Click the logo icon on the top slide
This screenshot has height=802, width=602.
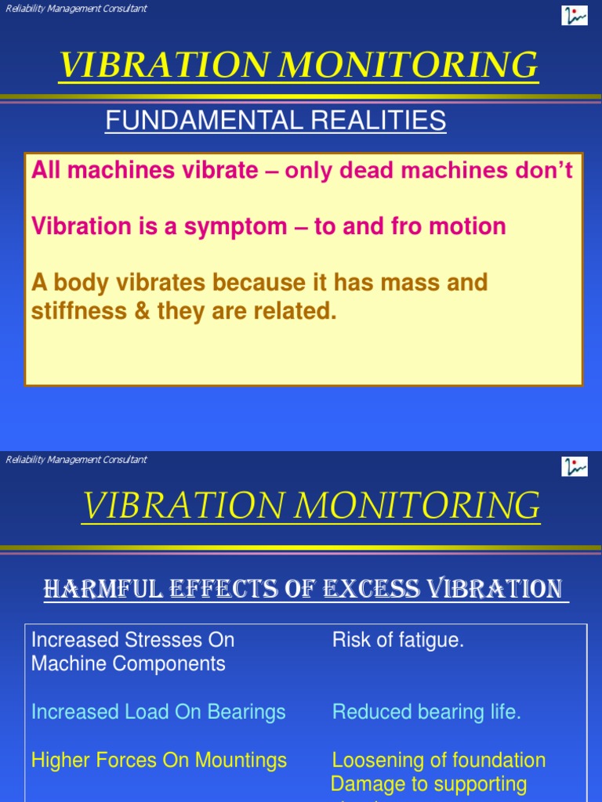pyautogui.click(x=575, y=15)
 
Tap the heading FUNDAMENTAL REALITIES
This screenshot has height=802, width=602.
pyautogui.click(x=276, y=121)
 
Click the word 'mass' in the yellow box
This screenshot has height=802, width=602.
pyautogui.click(x=416, y=282)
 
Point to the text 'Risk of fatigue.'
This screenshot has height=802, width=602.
pyautogui.click(x=398, y=640)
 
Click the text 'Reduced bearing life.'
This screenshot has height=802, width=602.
pyautogui.click(x=426, y=712)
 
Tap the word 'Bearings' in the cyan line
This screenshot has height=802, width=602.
pyautogui.click(x=246, y=712)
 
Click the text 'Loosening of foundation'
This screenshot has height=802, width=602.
pyautogui.click(x=439, y=760)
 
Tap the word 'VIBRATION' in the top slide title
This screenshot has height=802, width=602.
pyautogui.click(x=161, y=66)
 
